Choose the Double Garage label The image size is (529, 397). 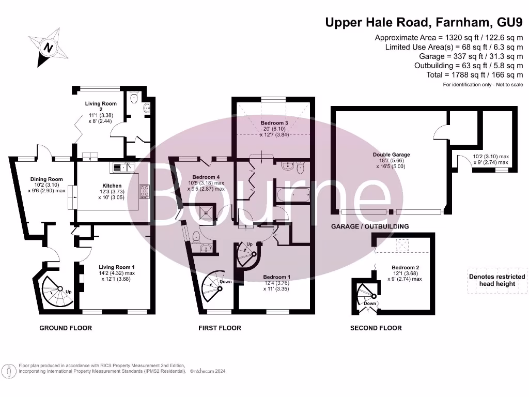(391, 155)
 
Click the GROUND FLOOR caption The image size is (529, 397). (66, 328)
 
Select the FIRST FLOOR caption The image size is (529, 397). (220, 328)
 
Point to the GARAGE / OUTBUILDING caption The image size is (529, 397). (369, 226)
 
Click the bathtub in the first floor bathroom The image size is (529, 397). (292, 195)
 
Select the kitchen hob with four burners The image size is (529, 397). (145, 191)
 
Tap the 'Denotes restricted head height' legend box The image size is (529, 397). (496, 280)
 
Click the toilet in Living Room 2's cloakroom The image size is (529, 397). (133, 98)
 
